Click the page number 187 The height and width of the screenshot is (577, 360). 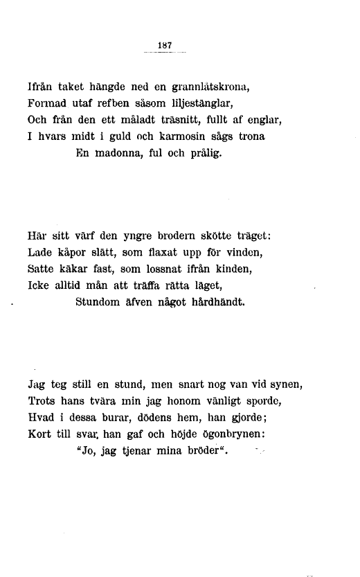pyautogui.click(x=165, y=45)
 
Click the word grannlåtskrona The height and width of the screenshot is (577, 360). pyautogui.click(x=208, y=88)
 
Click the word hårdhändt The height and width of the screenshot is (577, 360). pyautogui.click(x=213, y=303)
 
